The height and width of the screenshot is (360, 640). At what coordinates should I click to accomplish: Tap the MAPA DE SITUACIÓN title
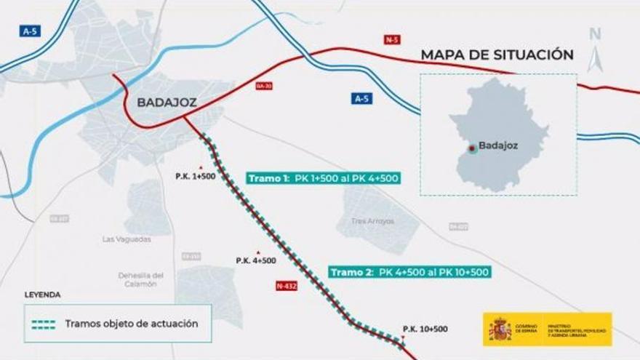pos(497,55)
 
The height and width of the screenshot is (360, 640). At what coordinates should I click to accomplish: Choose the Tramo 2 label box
pos(409,272)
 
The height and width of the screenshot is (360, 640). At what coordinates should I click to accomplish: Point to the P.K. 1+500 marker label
pos(196,177)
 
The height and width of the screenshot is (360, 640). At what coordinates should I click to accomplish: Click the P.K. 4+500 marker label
pos(256,260)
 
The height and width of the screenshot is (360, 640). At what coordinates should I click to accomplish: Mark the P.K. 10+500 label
pos(425,329)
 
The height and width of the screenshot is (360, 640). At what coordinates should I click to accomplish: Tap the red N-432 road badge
pos(287,286)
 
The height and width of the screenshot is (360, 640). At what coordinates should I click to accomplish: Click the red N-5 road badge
pos(393,39)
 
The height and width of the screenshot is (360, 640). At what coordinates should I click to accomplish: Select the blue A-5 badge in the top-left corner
pos(30,31)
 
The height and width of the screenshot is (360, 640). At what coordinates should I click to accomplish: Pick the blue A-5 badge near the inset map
pos(361,98)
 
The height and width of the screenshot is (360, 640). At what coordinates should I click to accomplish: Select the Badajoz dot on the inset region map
pos(472,148)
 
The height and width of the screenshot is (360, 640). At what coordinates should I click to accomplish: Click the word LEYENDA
pos(42,295)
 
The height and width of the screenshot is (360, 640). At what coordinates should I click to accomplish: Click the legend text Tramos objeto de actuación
pos(131,324)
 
